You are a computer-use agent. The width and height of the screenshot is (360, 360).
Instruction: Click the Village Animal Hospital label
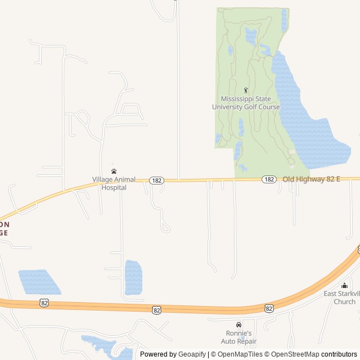tap(114, 183)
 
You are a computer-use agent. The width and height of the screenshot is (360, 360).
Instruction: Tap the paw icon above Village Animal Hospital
tap(114, 171)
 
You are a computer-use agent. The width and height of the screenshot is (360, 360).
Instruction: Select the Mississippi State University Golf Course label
tap(246, 103)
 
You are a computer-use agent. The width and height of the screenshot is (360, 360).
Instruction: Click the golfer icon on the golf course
tap(246, 90)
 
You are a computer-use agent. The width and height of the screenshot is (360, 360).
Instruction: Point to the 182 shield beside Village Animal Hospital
tap(156, 180)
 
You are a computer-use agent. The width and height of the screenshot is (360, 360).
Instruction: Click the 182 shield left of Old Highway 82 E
tap(269, 179)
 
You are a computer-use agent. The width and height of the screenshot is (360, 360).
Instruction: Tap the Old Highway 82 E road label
tap(311, 179)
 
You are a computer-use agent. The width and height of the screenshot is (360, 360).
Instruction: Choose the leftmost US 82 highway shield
tap(44, 303)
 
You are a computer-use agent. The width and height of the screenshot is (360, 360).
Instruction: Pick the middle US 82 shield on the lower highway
tap(157, 309)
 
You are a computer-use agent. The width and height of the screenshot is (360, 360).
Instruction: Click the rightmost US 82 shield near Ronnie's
tap(269, 308)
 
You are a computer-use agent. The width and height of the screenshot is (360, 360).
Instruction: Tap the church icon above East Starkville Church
tap(344, 286)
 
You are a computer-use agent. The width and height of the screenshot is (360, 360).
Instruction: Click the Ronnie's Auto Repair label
tap(238, 337)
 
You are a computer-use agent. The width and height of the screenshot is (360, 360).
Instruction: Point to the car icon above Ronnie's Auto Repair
tap(238, 325)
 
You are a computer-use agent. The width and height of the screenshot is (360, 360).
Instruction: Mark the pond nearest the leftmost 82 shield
tap(39, 282)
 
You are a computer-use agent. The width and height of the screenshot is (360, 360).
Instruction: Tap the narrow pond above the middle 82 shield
tap(133, 277)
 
